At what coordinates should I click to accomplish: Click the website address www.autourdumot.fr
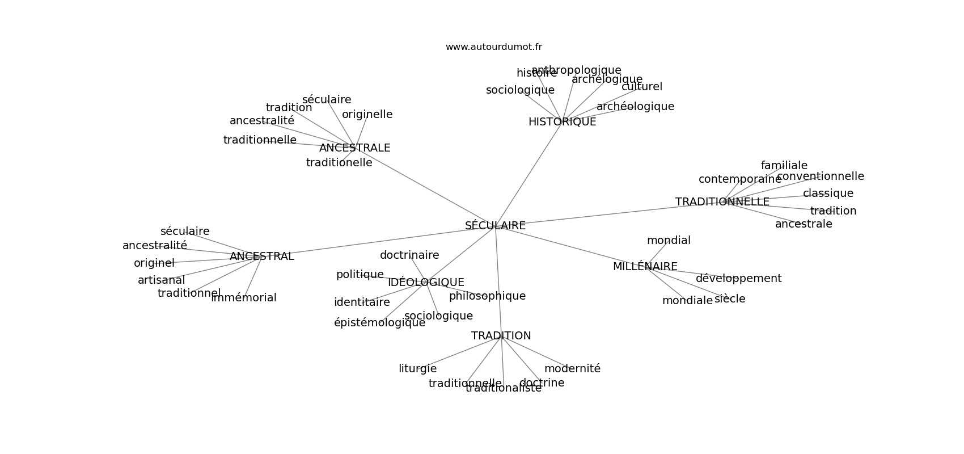[493, 47]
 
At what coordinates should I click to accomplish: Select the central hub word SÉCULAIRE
[495, 225]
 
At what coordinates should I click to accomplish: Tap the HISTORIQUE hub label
[562, 122]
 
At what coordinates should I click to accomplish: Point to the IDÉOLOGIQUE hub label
[426, 282]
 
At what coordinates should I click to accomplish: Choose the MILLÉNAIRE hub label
[645, 267]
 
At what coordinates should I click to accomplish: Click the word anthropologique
[576, 70]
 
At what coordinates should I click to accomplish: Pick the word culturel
[641, 87]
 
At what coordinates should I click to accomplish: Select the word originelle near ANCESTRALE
[367, 115]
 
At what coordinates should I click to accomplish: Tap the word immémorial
[244, 298]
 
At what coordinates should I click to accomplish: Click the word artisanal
[161, 280]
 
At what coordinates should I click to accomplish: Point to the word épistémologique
[379, 323]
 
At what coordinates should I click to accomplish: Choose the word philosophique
[487, 296]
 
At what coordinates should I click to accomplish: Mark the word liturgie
[417, 369]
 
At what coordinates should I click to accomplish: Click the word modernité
[572, 369]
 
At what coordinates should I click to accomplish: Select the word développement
[738, 279]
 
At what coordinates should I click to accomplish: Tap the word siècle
[730, 299]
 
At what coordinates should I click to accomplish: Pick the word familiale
[784, 166]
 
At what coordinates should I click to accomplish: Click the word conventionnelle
[820, 176]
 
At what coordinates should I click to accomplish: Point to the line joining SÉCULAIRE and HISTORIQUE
[528, 174]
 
